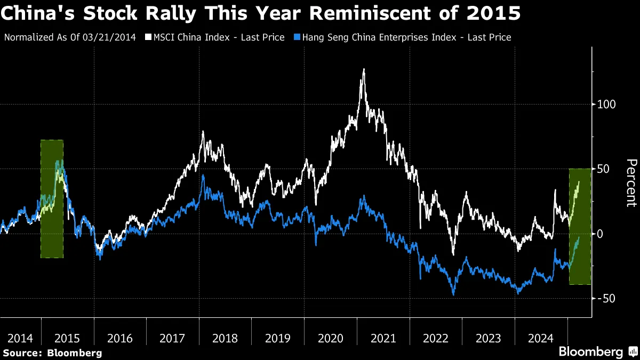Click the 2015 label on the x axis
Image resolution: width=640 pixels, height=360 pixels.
tap(67, 338)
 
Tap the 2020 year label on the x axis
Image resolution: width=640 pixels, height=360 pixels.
tap(330, 338)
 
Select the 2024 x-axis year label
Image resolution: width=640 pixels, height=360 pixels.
tap(541, 338)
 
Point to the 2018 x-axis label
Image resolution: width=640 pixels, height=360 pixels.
tap(225, 338)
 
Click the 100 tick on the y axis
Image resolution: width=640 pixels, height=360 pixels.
tap(606, 105)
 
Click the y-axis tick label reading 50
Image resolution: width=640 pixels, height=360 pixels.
tap(604, 169)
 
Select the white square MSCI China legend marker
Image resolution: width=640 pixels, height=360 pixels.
tap(149, 37)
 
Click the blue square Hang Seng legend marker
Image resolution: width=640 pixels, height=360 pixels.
tap(298, 37)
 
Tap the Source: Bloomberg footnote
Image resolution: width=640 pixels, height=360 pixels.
tap(52, 353)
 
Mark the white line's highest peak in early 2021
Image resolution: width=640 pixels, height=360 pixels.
tap(364, 69)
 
